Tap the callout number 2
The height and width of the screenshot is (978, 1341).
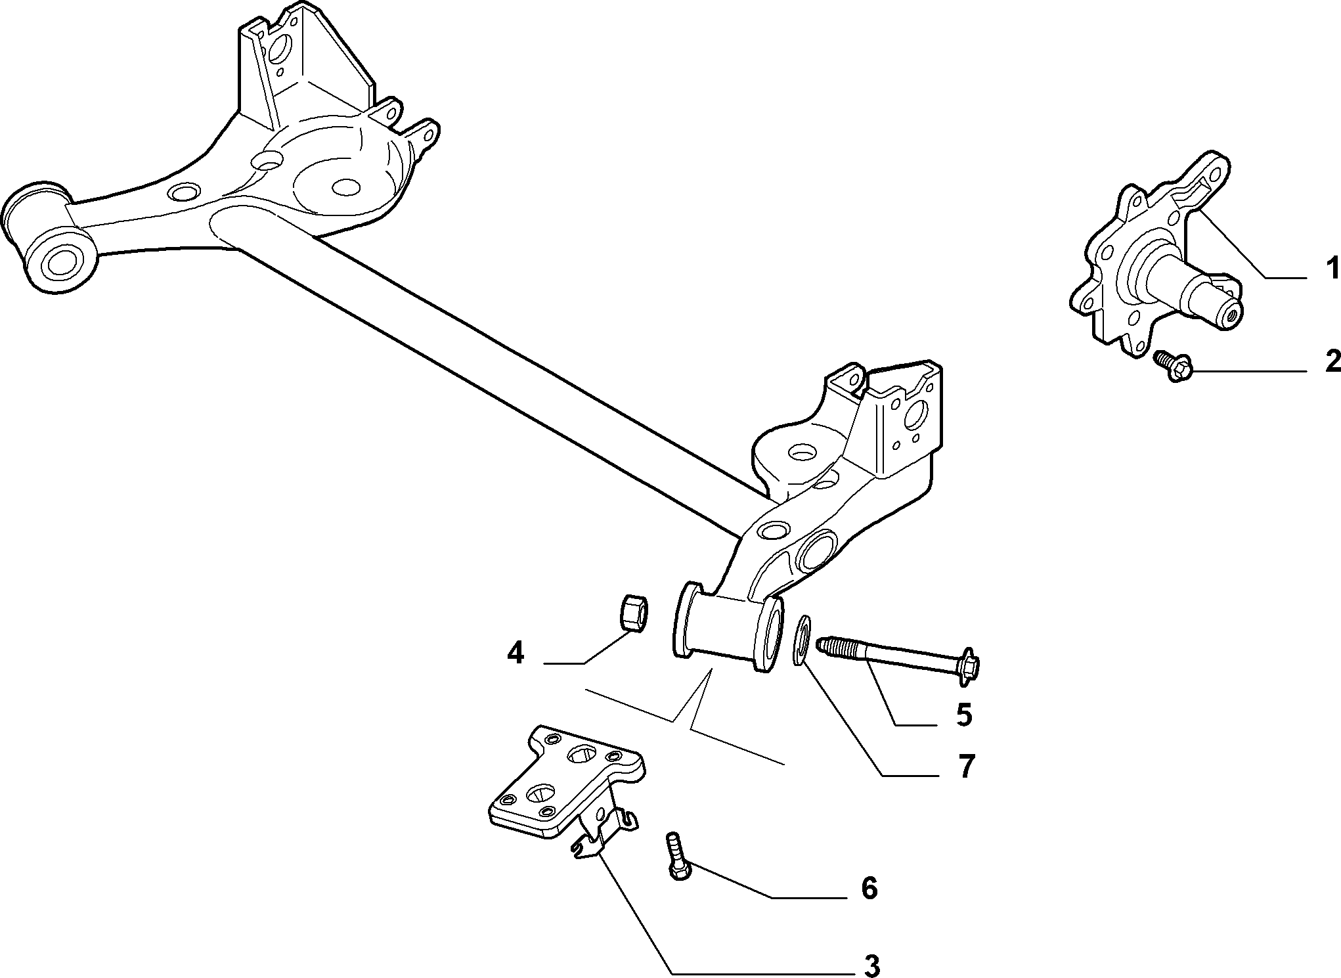point(1332,361)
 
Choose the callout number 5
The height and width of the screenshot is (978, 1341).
point(963,715)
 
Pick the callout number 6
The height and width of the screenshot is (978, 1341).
point(869,889)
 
